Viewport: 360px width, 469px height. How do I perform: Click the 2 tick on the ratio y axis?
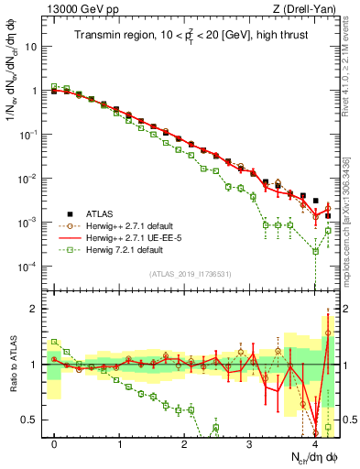tap(35, 309)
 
